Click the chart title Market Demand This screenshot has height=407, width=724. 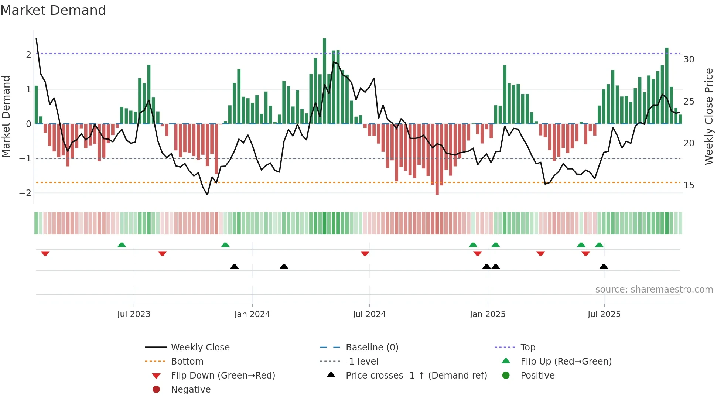53,10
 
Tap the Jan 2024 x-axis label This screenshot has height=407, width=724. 252,314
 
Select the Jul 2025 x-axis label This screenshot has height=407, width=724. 604,314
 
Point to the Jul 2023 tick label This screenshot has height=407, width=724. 134,314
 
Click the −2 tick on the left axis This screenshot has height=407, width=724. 25,193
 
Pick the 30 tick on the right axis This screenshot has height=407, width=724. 689,59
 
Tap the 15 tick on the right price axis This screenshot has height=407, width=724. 689,185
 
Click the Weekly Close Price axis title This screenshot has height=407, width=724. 708,116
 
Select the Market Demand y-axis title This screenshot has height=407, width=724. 6,116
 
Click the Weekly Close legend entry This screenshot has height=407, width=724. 200,348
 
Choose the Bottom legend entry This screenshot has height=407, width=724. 187,362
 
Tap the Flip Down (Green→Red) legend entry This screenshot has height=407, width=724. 223,376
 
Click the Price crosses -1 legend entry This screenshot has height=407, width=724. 416,376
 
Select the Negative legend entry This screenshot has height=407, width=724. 191,390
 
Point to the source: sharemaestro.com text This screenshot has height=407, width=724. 654,290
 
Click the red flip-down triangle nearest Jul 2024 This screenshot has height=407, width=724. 365,253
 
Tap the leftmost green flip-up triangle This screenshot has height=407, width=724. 122,245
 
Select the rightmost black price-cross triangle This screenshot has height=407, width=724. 604,266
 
